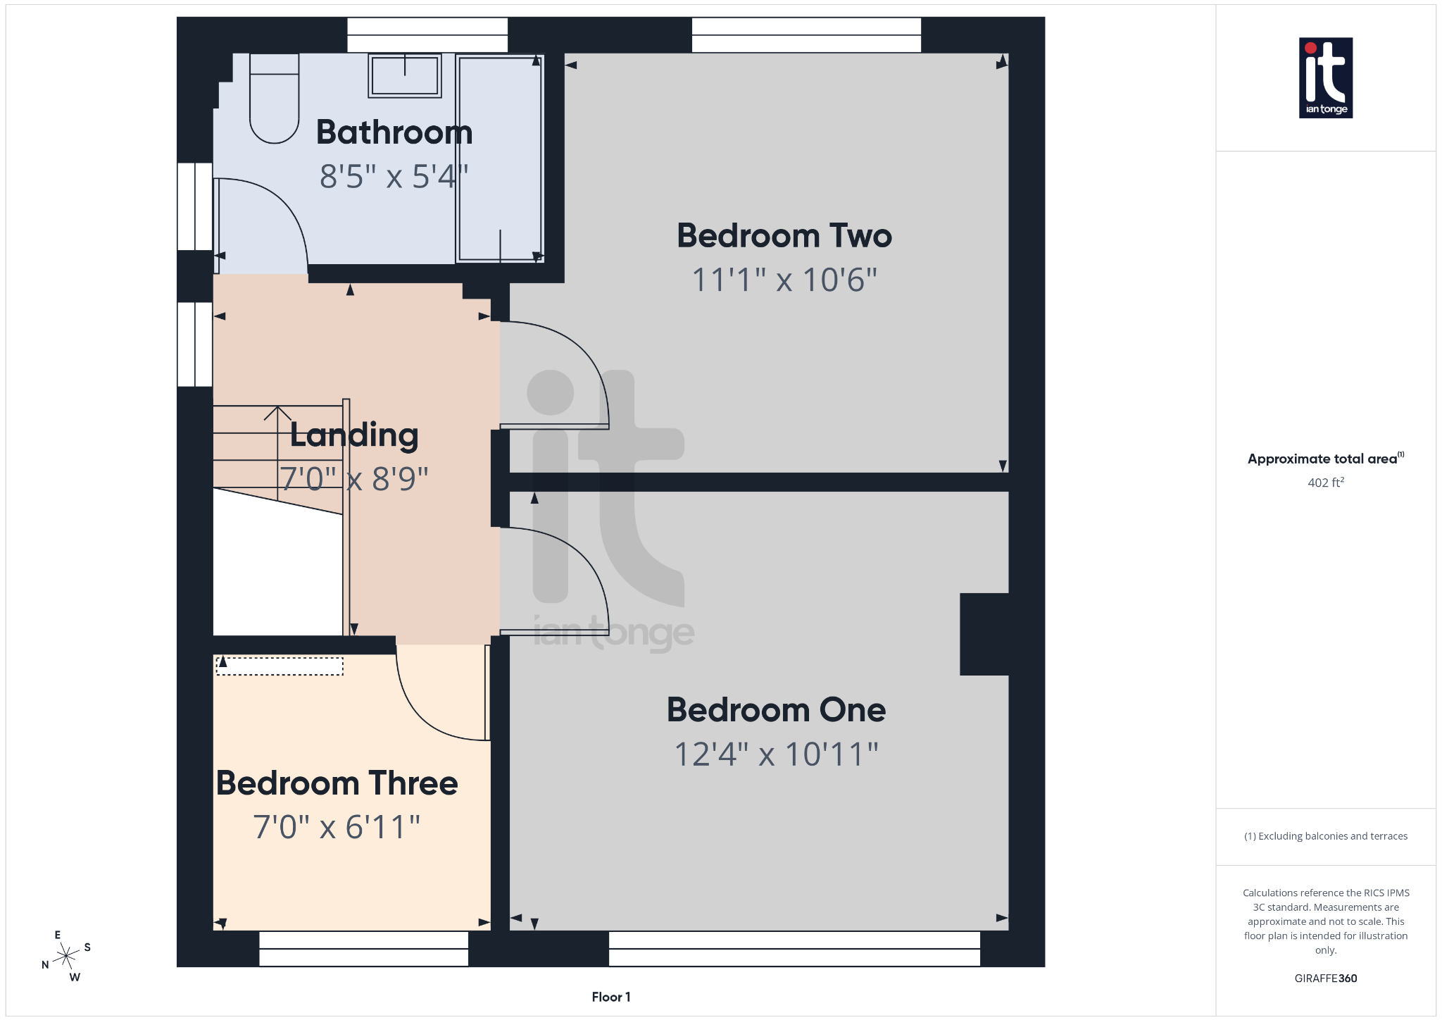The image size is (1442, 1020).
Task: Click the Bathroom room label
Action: [394, 132]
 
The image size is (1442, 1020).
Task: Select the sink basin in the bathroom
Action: [405, 75]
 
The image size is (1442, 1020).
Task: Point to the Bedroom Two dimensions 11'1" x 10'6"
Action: [784, 280]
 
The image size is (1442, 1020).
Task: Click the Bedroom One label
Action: [776, 709]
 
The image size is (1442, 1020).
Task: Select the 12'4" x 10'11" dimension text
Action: [776, 754]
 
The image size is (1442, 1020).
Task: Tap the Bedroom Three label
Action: [337, 783]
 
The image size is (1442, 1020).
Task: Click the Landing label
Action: [354, 435]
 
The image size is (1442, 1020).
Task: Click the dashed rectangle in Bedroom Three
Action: [280, 666]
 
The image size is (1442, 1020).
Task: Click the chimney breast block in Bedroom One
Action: [984, 634]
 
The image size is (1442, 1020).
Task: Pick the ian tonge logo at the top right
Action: [1325, 77]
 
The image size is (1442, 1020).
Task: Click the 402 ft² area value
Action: [1325, 483]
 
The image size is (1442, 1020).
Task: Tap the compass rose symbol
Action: [66, 956]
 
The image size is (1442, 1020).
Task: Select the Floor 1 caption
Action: [610, 997]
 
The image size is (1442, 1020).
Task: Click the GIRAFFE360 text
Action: [1325, 978]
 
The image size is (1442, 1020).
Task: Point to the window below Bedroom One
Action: [794, 949]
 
